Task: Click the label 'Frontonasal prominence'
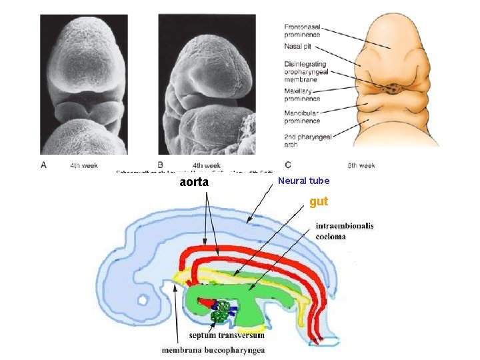(x=302, y=30)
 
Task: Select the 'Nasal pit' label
(x=297, y=47)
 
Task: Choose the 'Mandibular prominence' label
(x=302, y=117)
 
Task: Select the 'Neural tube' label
(x=303, y=181)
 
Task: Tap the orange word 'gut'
(x=319, y=201)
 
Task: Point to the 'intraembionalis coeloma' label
(x=344, y=231)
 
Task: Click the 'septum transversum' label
(x=227, y=335)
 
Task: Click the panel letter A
(x=44, y=165)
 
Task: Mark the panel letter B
(x=161, y=165)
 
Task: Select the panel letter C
(x=287, y=165)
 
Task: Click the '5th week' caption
(x=361, y=165)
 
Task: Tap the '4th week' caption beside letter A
(x=85, y=165)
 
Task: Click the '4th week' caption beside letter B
(x=207, y=165)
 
